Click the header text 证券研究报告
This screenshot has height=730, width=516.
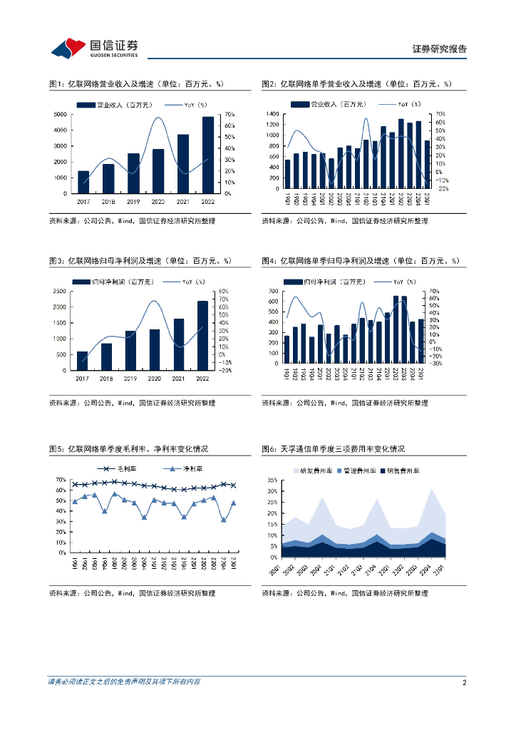[x=440, y=49]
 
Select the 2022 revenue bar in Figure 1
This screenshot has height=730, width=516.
[x=207, y=155]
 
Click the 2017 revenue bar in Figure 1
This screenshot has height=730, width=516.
[x=83, y=182]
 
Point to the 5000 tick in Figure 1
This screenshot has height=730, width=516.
[x=63, y=115]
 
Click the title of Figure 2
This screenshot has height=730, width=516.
[x=356, y=84]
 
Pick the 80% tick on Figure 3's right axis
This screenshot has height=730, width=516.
[x=223, y=292]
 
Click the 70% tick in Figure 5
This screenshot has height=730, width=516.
[x=62, y=480]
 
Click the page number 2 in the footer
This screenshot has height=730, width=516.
[x=464, y=682]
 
